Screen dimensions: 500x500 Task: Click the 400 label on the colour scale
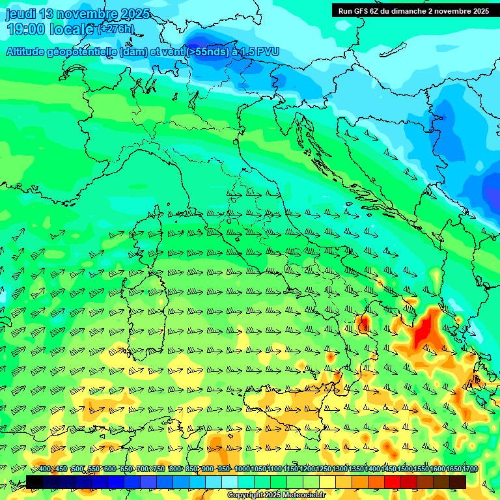[45, 469]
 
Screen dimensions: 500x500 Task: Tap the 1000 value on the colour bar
[242, 469]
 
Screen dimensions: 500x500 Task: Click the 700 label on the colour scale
[143, 469]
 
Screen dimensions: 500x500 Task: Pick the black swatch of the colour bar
[34, 482]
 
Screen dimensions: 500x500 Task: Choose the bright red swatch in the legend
[393, 482]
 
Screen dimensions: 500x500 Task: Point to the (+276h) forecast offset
[116, 29]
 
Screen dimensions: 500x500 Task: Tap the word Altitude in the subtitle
[29, 51]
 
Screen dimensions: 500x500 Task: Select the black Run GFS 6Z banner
[413, 11]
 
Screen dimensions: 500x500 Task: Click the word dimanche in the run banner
[409, 11]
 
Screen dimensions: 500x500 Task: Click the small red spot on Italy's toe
[363, 322]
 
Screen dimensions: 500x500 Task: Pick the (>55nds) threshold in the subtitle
[206, 51]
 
